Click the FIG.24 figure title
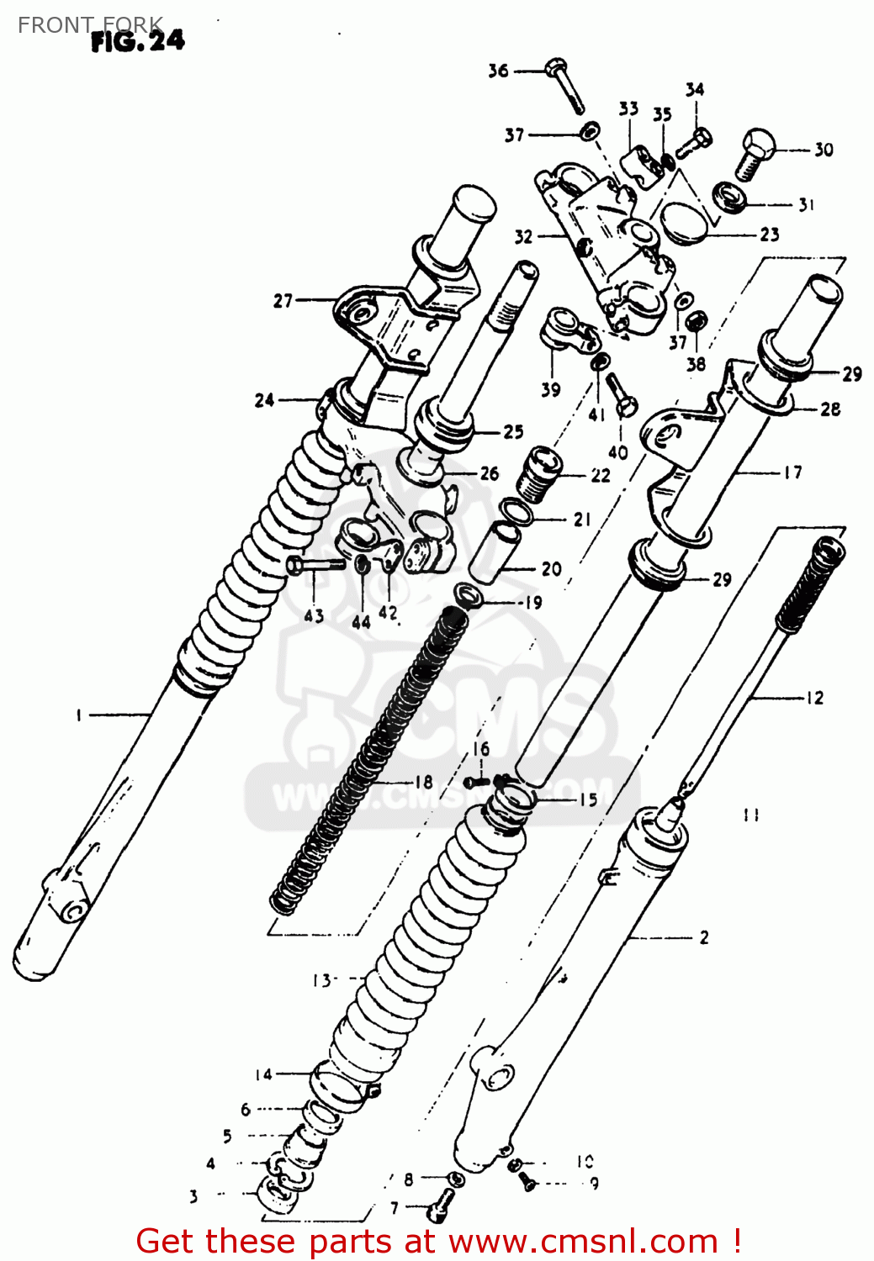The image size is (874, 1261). coord(137,41)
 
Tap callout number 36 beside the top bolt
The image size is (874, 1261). coord(498,71)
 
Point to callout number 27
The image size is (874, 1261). coord(283,300)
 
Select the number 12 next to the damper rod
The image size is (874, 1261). coord(814,697)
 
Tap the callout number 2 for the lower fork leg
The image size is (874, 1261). coord(704,937)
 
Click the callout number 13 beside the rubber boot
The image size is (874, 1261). coord(321,980)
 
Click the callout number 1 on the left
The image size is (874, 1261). coord(78,715)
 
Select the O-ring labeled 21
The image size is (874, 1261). coord(516,511)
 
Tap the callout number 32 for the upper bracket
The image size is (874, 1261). coord(523,236)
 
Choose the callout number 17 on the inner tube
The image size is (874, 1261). coord(792,472)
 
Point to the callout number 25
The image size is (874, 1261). coord(513,431)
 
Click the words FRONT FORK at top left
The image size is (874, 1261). coord(90,25)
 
